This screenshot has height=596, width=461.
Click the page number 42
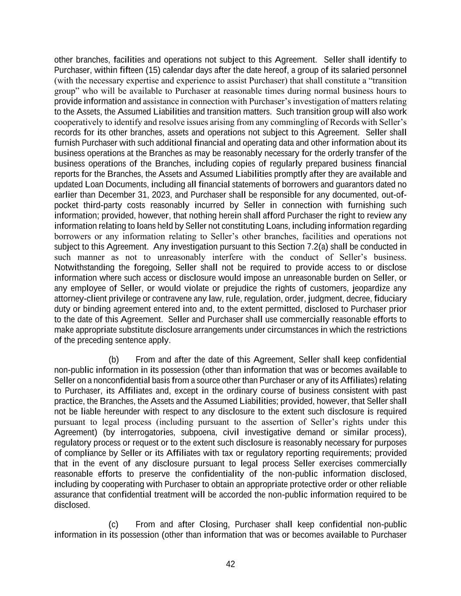[230, 564]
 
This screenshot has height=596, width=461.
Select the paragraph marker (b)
[114, 360]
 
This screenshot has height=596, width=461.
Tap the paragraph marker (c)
[114, 524]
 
